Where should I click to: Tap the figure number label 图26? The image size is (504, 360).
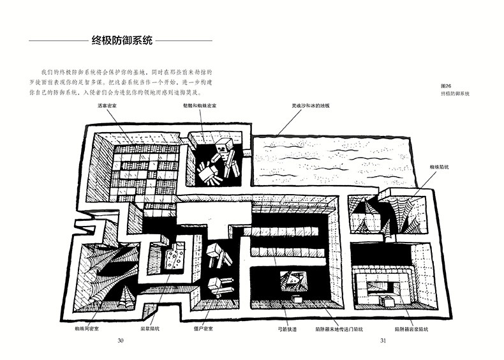pyautogui.click(x=447, y=86)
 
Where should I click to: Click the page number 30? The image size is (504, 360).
pyautogui.click(x=120, y=340)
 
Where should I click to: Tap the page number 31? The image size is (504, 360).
pyautogui.click(x=383, y=340)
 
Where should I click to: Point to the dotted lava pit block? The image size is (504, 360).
pyautogui.click(x=172, y=258)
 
